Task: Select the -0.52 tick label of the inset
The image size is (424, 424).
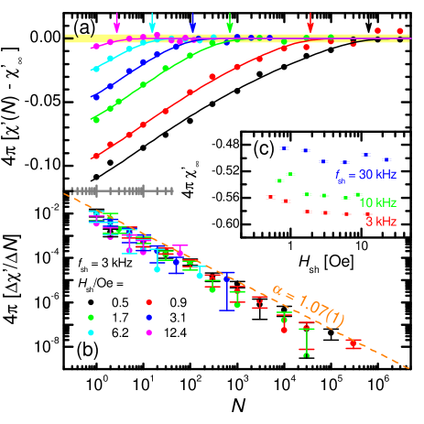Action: point(225,170)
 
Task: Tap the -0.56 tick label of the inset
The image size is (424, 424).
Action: point(225,196)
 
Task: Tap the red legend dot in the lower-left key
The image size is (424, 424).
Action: point(148,301)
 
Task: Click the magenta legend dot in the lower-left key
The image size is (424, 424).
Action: point(148,332)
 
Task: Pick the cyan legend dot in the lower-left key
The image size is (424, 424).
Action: point(91,332)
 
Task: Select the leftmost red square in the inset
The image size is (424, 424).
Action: point(269,197)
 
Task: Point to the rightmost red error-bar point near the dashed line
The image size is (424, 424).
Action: point(354,343)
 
